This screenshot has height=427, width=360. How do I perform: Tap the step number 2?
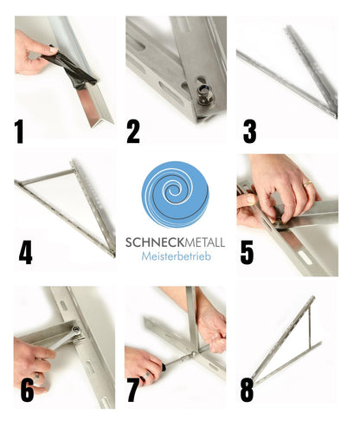click(x=132, y=131)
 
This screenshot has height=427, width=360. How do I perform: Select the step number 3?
click(x=249, y=131)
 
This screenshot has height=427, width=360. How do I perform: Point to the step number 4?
click(x=26, y=252)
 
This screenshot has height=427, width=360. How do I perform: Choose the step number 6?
click(x=27, y=389)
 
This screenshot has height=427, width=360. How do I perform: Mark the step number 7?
click(x=133, y=389)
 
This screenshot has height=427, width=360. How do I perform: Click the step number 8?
click(x=247, y=389)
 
